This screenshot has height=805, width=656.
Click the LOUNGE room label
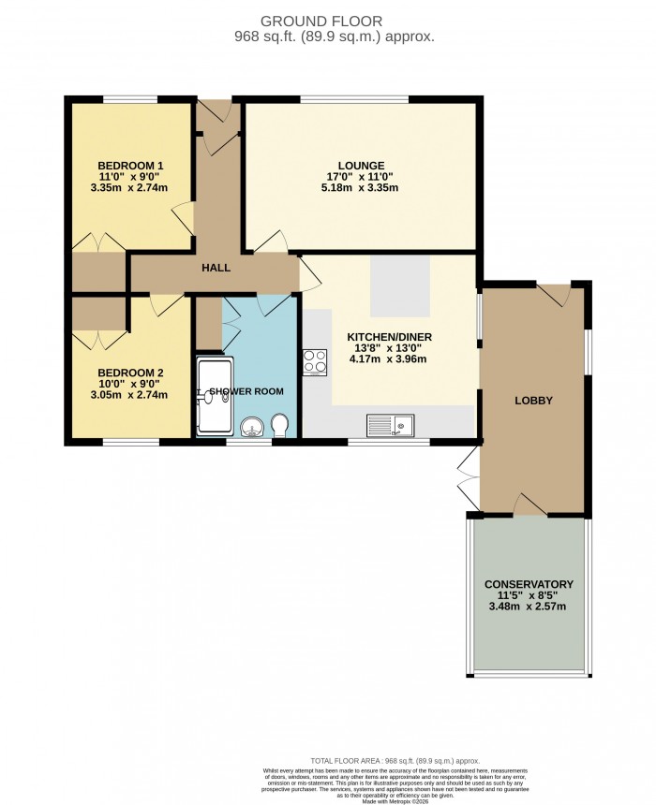362,166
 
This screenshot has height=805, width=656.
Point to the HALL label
216,268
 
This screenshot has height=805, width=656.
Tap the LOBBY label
533,401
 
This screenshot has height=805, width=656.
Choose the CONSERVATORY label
529,583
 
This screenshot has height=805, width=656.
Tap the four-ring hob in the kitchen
314,361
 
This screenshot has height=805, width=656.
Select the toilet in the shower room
279,426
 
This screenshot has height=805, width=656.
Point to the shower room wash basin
250,429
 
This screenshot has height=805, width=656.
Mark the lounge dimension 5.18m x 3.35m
362,188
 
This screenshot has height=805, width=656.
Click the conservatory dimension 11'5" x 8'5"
529,595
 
